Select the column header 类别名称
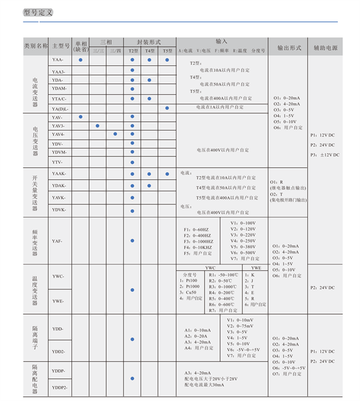pyautogui.click(x=35, y=46)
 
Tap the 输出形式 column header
pyautogui.click(x=287, y=47)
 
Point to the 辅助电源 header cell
pyautogui.click(x=326, y=47)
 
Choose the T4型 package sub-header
pyautogui.click(x=149, y=51)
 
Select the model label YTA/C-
pyautogui.click(x=59, y=98)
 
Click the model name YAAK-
pyautogui.click(x=59, y=173)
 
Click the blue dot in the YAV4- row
pyautogui.click(x=115, y=134)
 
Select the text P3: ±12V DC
pyautogui.click(x=325, y=155)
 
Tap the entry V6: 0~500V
pyautogui.click(x=243, y=253)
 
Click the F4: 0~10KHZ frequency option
pyautogui.click(x=197, y=247)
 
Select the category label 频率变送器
pyautogui.click(x=35, y=241)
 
